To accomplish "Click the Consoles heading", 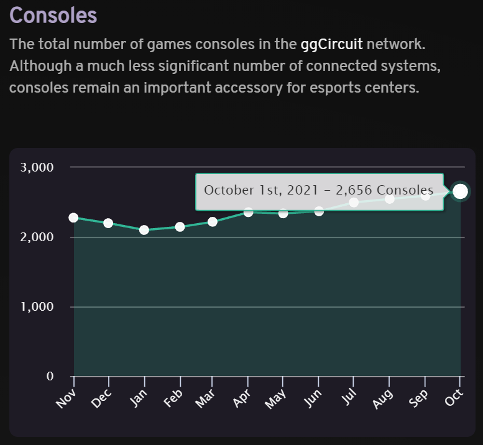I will click(x=53, y=15).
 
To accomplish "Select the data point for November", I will click(x=73, y=218).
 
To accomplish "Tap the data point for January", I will click(x=144, y=230).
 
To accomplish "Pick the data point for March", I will click(x=213, y=222).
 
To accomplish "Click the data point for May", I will click(x=283, y=213).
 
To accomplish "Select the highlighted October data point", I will click(x=460, y=191).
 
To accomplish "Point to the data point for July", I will click(x=354, y=202).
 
